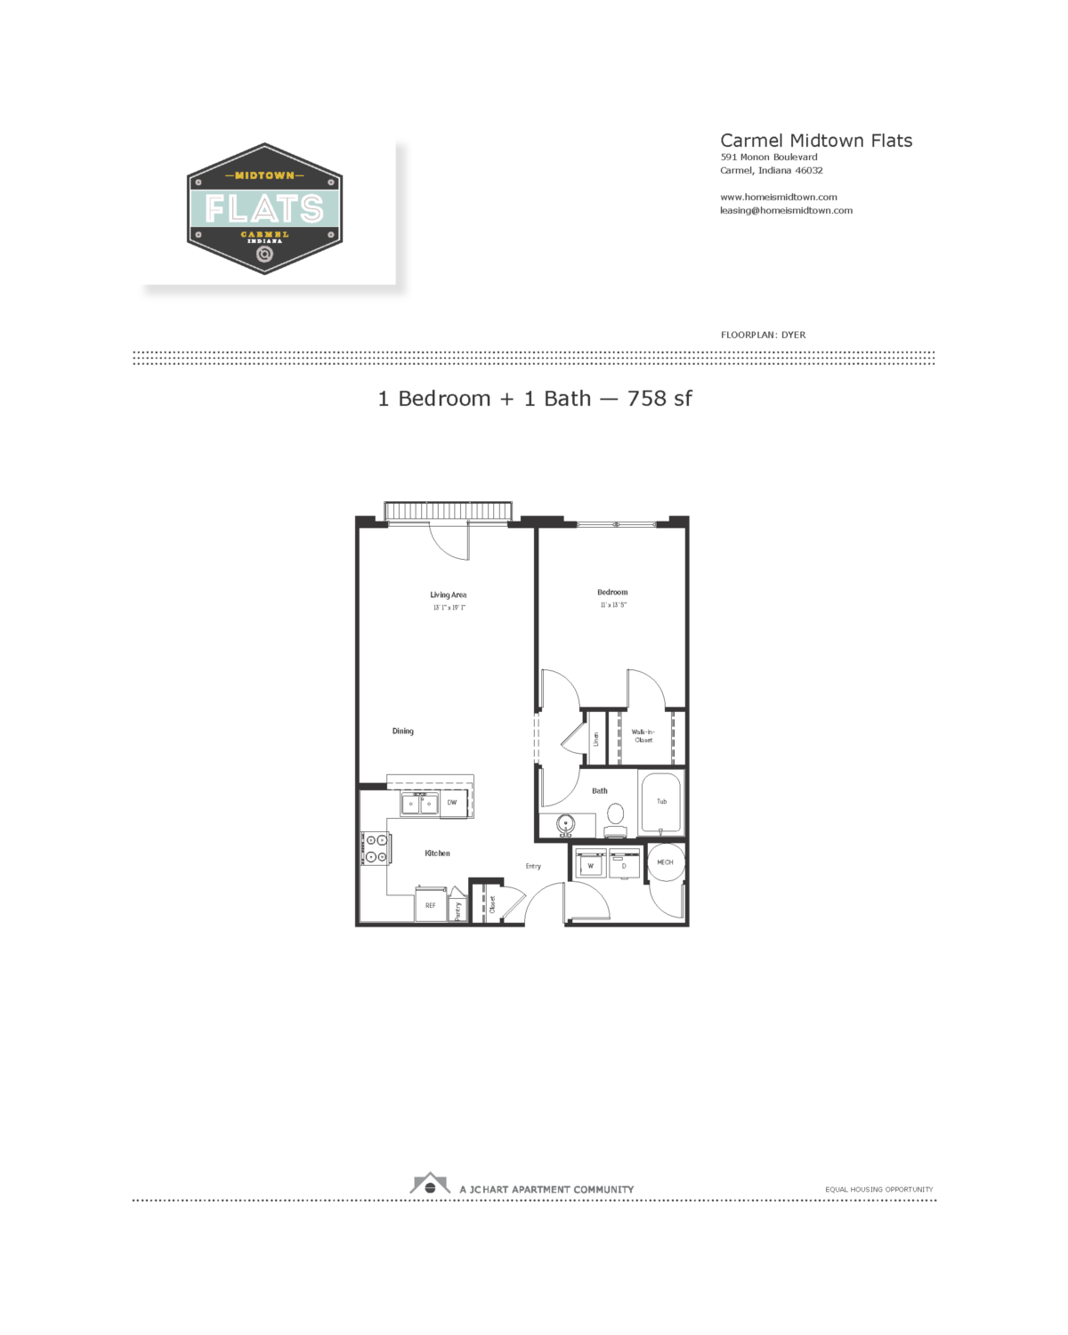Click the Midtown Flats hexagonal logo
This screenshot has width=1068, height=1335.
pyautogui.click(x=264, y=209)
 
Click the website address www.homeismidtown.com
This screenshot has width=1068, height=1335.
pyautogui.click(x=778, y=198)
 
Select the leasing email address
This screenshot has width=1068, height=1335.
pyautogui.click(x=786, y=211)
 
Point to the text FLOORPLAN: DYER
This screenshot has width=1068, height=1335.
pyautogui.click(x=763, y=336)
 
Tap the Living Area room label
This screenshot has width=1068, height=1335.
pyautogui.click(x=448, y=595)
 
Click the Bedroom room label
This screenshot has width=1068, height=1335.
pyautogui.click(x=612, y=593)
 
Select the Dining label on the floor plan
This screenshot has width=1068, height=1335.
pyautogui.click(x=403, y=732)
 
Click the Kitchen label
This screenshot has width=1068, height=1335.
pyautogui.click(x=437, y=854)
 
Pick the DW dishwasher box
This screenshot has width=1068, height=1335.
pyautogui.click(x=452, y=803)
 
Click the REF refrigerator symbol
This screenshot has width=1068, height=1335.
pyautogui.click(x=431, y=905)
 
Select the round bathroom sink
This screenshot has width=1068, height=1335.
pyautogui.click(x=565, y=824)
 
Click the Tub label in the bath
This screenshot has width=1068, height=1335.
pyautogui.click(x=661, y=802)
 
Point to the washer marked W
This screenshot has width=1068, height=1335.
pyautogui.click(x=590, y=865)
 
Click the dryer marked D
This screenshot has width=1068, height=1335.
pyautogui.click(x=624, y=865)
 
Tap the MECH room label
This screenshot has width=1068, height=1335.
pyautogui.click(x=665, y=862)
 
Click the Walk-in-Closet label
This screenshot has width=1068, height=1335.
pyautogui.click(x=643, y=736)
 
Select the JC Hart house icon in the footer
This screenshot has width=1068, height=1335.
pyautogui.click(x=430, y=1185)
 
